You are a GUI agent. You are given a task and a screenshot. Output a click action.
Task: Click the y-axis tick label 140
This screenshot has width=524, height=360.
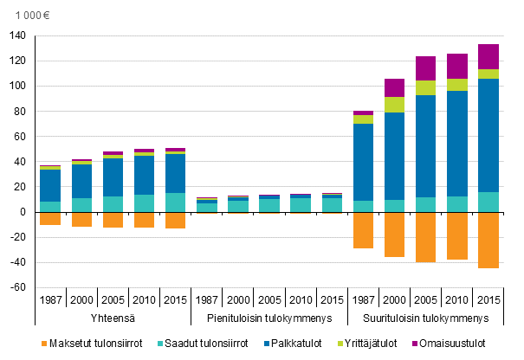17,36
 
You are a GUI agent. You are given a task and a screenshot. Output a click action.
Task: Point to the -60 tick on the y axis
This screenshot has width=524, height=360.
17,287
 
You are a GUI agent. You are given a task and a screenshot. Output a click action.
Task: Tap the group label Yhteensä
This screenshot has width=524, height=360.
113,318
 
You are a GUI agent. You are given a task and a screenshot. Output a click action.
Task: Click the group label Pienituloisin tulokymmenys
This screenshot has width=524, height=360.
270,318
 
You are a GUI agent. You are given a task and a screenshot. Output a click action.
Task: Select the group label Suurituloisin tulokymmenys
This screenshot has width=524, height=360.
428,318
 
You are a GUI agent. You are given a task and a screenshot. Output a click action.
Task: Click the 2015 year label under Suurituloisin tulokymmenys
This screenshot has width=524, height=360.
489,300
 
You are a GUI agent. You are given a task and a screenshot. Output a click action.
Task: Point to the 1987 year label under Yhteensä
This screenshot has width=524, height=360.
50,300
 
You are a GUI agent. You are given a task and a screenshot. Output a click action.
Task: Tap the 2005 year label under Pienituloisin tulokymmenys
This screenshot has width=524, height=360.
270,300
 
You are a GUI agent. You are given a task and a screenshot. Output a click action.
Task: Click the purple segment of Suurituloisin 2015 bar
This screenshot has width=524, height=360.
489,56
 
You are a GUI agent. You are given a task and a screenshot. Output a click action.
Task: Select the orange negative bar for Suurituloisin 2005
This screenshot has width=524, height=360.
426,237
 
